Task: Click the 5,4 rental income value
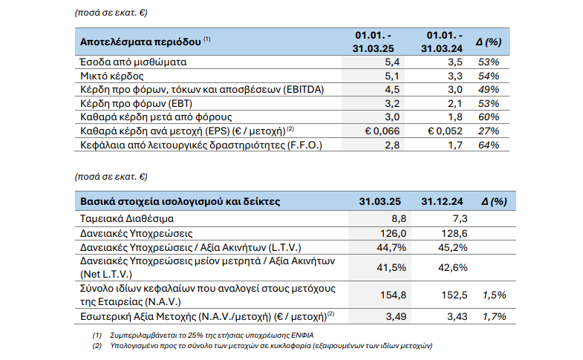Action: tap(392, 62)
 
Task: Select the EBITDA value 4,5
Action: tap(392, 90)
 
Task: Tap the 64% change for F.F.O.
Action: tap(489, 145)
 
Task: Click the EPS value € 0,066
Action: tap(382, 131)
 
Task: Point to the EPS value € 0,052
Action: tap(445, 131)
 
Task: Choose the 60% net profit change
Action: tap(489, 117)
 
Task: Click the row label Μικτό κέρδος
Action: tap(112, 76)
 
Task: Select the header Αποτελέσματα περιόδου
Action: tap(140, 42)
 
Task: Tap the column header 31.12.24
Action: tap(442, 201)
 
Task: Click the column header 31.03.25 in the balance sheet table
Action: tap(380, 201)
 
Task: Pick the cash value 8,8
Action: tap(399, 218)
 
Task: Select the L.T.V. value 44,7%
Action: tap(391, 247)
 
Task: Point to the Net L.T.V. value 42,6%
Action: tap(452, 267)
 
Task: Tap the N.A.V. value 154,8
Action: tap(393, 295)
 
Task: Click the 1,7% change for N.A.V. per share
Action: tap(494, 316)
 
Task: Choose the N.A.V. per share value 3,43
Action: tap(457, 316)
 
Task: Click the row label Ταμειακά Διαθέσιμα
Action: tap(127, 218)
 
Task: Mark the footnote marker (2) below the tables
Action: tap(97, 346)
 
